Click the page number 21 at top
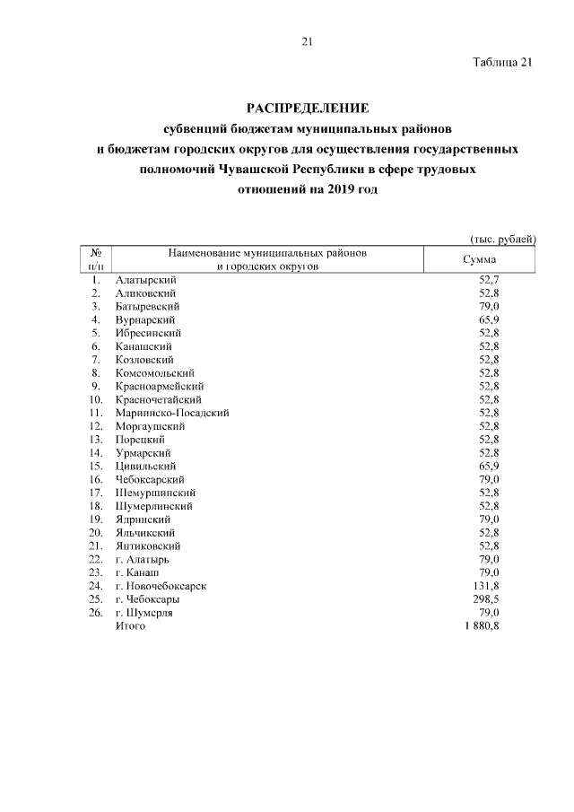(x=306, y=41)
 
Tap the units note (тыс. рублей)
(x=502, y=239)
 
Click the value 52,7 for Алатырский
(x=489, y=280)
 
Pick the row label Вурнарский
(x=145, y=319)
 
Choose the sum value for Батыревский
(x=489, y=306)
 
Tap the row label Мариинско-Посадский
(x=172, y=413)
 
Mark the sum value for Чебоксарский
(x=489, y=479)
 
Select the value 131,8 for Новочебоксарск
(x=486, y=586)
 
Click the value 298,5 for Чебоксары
(x=486, y=599)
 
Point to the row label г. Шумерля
(x=144, y=613)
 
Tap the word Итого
(x=130, y=626)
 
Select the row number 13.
(x=95, y=440)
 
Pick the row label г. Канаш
(x=138, y=572)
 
